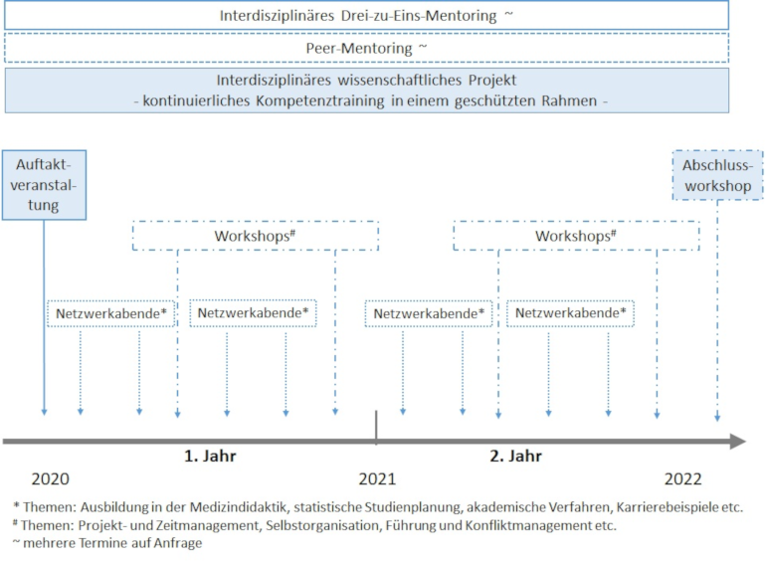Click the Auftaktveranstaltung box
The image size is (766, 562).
tap(44, 185)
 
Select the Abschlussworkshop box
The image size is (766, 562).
tap(717, 175)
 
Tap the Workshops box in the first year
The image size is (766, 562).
tap(256, 236)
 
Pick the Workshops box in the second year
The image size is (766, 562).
tap(576, 236)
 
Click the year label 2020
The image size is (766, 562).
tap(51, 479)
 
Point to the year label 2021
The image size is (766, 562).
tap(377, 479)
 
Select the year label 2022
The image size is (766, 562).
tap(683, 479)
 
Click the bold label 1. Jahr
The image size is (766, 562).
tap(210, 456)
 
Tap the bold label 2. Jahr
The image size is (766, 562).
tap(516, 456)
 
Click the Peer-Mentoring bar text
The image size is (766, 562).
tap(359, 49)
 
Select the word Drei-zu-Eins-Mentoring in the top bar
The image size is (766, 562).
tap(419, 16)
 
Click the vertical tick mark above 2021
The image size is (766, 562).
tap(376, 428)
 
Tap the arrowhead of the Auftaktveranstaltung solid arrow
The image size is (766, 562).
tap(44, 413)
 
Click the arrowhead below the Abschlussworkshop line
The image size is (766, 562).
tap(717, 418)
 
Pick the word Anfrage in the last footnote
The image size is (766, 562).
tap(178, 543)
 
